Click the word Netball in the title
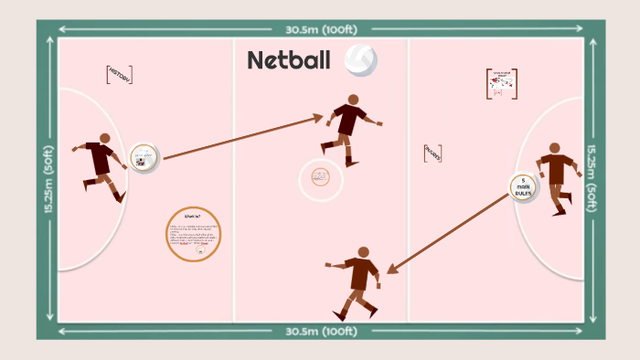point(288,60)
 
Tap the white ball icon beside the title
point(360,59)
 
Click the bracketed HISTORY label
point(120,75)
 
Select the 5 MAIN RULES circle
point(523,187)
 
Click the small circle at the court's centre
point(320,178)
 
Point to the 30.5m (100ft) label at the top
point(320,27)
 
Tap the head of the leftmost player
point(104,139)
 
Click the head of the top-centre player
point(353,100)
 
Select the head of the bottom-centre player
point(364,251)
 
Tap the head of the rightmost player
point(554,147)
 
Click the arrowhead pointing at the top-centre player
point(318,116)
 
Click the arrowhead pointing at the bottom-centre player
point(390,270)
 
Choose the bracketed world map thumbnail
point(501,84)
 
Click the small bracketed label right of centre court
point(432,154)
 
